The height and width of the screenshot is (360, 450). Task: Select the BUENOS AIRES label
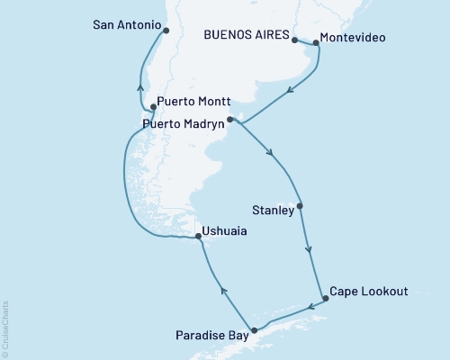(247, 37)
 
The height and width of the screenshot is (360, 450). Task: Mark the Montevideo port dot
(316, 42)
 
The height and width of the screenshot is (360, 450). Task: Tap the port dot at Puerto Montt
(154, 107)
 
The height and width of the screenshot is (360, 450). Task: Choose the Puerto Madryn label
(184, 123)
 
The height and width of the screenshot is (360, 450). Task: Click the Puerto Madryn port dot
(230, 119)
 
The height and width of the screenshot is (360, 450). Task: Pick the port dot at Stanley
(300, 206)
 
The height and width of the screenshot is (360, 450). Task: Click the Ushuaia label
(224, 231)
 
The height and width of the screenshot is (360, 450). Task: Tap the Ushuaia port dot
(197, 238)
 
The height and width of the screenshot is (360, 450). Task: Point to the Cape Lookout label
(369, 292)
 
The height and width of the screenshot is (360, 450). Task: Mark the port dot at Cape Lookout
(325, 299)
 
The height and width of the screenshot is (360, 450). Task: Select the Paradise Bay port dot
(254, 330)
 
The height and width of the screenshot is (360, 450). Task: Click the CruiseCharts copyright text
(5, 329)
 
